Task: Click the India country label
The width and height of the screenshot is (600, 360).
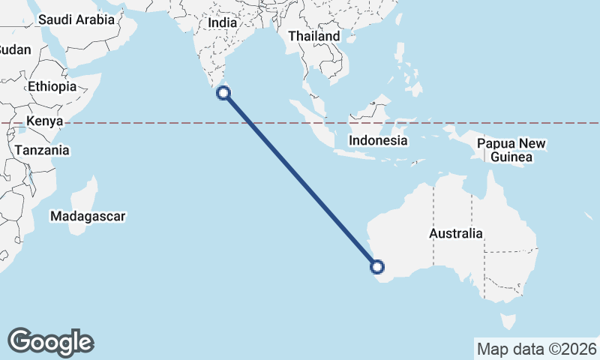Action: pyautogui.click(x=222, y=23)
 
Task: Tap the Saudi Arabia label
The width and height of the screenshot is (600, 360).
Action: pyautogui.click(x=76, y=19)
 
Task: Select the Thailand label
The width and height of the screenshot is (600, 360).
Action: pyautogui.click(x=313, y=36)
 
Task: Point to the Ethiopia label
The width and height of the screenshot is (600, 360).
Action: pyautogui.click(x=52, y=86)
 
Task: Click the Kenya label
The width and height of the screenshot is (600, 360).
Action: pyautogui.click(x=43, y=121)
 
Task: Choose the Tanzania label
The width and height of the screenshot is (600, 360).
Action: pyautogui.click(x=41, y=150)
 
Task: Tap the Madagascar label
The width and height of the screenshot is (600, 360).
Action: pyautogui.click(x=88, y=217)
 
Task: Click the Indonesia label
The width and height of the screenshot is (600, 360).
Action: pyautogui.click(x=378, y=140)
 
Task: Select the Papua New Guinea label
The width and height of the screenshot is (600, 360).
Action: pyautogui.click(x=513, y=150)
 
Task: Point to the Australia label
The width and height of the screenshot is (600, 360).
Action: pyautogui.click(x=456, y=233)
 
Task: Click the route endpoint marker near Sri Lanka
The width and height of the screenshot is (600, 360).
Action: pyautogui.click(x=223, y=93)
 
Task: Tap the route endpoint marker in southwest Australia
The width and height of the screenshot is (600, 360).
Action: pyautogui.click(x=377, y=266)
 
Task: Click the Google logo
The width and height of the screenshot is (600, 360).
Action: pyautogui.click(x=51, y=342)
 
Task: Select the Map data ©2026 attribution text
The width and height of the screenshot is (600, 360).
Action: pyautogui.click(x=537, y=349)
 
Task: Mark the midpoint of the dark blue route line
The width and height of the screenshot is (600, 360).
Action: pyautogui.click(x=300, y=180)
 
